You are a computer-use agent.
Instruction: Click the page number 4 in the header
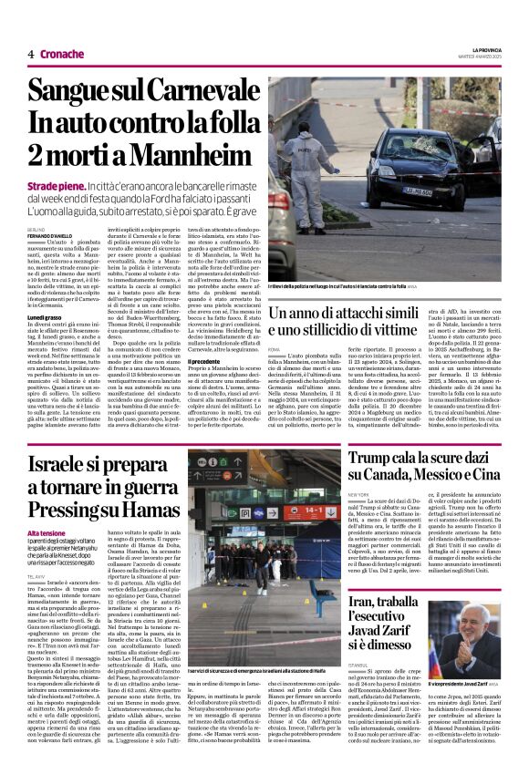[30, 54]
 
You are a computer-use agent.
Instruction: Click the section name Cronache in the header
[61, 54]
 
